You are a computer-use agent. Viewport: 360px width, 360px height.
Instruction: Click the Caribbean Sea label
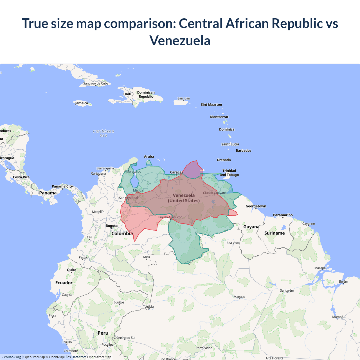[103, 133]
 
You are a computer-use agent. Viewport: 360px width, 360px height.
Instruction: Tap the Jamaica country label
[82, 103]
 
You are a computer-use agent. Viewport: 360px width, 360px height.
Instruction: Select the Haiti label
[127, 94]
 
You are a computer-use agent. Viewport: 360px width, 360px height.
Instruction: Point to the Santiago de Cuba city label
[96, 84]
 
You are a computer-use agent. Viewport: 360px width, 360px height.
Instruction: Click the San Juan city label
[184, 98]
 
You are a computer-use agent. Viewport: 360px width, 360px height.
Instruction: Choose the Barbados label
[243, 151]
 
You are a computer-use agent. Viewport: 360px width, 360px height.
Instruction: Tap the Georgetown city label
[256, 206]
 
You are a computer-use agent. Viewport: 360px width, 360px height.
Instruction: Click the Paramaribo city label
[283, 215]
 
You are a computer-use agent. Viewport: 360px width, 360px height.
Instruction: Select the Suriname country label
[274, 233]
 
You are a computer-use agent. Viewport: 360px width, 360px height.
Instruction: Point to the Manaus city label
[239, 297]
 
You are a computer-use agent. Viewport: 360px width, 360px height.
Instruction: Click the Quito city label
[71, 270]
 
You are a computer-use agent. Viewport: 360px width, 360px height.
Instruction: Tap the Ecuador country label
[64, 283]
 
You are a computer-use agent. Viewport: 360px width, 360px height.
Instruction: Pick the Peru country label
[103, 333]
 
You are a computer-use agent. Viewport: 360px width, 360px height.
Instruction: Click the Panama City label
[62, 186]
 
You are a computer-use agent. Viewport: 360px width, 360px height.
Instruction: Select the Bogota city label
[112, 226]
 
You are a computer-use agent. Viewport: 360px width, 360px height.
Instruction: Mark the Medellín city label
[98, 212]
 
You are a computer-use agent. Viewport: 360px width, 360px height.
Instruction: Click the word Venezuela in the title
[180, 41]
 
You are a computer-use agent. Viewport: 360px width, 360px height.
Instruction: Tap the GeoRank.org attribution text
[11, 357]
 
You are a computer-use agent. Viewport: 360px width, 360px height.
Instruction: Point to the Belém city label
[343, 282]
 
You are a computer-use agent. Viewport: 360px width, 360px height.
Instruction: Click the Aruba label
[149, 157]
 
